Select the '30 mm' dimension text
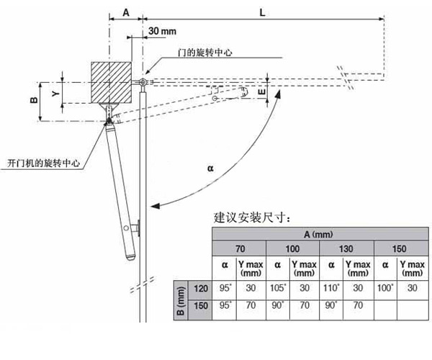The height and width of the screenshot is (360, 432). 163,32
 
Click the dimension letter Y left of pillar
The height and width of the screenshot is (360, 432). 53,93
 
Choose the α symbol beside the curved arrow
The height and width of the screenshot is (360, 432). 210,167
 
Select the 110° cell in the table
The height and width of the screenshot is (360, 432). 331,288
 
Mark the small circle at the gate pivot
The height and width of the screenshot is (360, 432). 143,84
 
